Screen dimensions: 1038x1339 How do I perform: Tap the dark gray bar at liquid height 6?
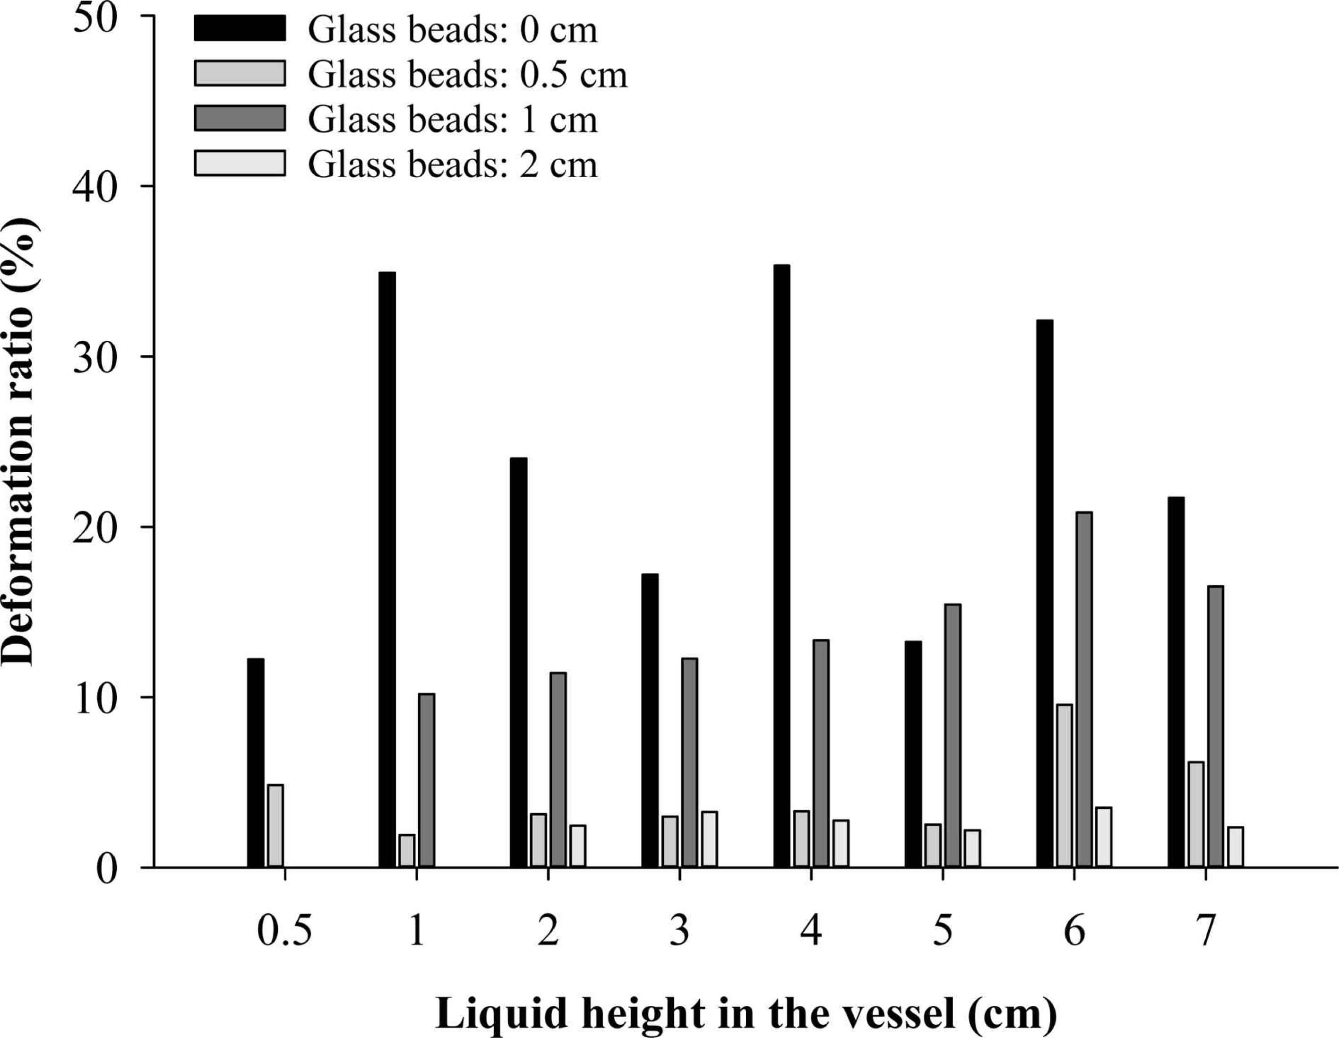click(1084, 690)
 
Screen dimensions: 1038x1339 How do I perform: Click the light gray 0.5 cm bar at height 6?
click(1064, 786)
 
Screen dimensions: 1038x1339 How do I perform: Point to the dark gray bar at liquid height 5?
click(952, 735)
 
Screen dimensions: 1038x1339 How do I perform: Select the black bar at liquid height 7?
click(1176, 682)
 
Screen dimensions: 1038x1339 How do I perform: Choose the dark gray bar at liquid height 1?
click(426, 780)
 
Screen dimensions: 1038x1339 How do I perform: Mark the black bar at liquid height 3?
click(650, 720)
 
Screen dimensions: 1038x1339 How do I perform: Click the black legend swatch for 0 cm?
click(240, 29)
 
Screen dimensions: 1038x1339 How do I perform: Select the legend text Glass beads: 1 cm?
click(453, 119)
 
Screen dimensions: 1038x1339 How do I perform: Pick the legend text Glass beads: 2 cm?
click(453, 164)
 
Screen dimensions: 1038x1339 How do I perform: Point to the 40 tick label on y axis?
click(95, 187)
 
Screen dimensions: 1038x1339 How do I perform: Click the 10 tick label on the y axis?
click(95, 698)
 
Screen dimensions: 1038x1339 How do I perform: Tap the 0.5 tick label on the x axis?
click(284, 931)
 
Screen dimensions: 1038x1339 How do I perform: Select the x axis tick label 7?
click(1205, 931)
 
